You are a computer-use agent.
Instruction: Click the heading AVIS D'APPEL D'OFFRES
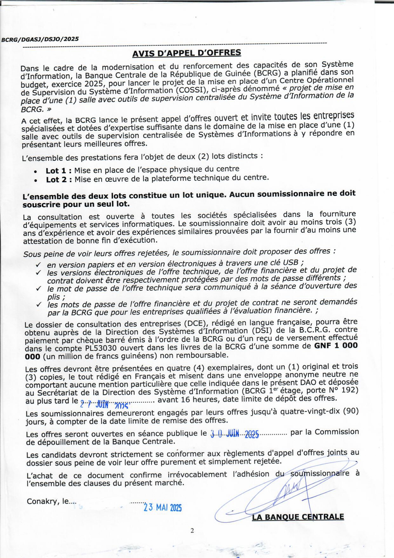[x=187, y=53]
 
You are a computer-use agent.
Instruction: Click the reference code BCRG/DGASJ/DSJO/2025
[x=40, y=39]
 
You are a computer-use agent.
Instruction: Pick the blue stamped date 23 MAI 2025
[x=162, y=507]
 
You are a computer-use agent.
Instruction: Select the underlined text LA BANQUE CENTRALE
[x=298, y=516]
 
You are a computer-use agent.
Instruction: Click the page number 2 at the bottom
[x=192, y=530]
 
